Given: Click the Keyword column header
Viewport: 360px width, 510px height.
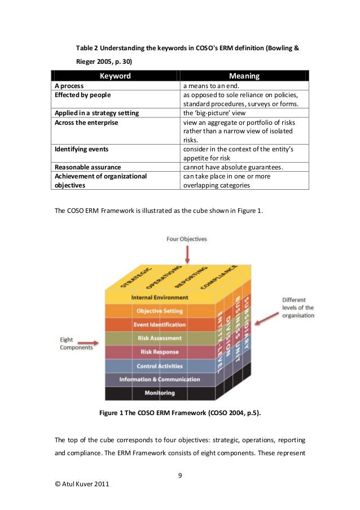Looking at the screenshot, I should click(x=115, y=76).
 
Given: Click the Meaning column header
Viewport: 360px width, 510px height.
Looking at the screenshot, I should click(x=244, y=76).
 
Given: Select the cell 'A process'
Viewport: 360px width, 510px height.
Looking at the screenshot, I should click(x=69, y=86).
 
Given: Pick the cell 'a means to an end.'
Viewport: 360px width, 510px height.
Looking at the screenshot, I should click(x=212, y=86).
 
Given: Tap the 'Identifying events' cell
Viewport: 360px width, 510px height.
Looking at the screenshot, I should click(x=81, y=149).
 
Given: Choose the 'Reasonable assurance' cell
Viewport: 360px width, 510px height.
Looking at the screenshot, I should click(x=87, y=167).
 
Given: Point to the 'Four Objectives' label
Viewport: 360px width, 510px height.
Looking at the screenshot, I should click(x=186, y=239).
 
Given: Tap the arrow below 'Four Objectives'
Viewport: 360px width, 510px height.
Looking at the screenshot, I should click(x=182, y=257).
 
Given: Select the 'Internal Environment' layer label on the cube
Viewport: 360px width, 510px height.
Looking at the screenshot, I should click(x=160, y=297).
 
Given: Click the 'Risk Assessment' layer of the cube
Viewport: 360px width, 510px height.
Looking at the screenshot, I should click(x=160, y=338).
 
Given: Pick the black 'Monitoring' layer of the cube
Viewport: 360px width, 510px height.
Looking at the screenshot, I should click(x=160, y=393).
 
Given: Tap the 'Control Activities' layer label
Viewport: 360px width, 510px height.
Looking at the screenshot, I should click(x=160, y=366).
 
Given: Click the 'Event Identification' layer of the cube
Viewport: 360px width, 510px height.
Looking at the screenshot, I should click(x=160, y=325).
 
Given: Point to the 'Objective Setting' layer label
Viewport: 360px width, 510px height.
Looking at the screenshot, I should click(x=160, y=311).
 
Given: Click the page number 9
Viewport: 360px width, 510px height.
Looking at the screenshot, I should click(x=180, y=474).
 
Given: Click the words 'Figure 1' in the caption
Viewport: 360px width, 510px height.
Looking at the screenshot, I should click(x=112, y=413).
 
